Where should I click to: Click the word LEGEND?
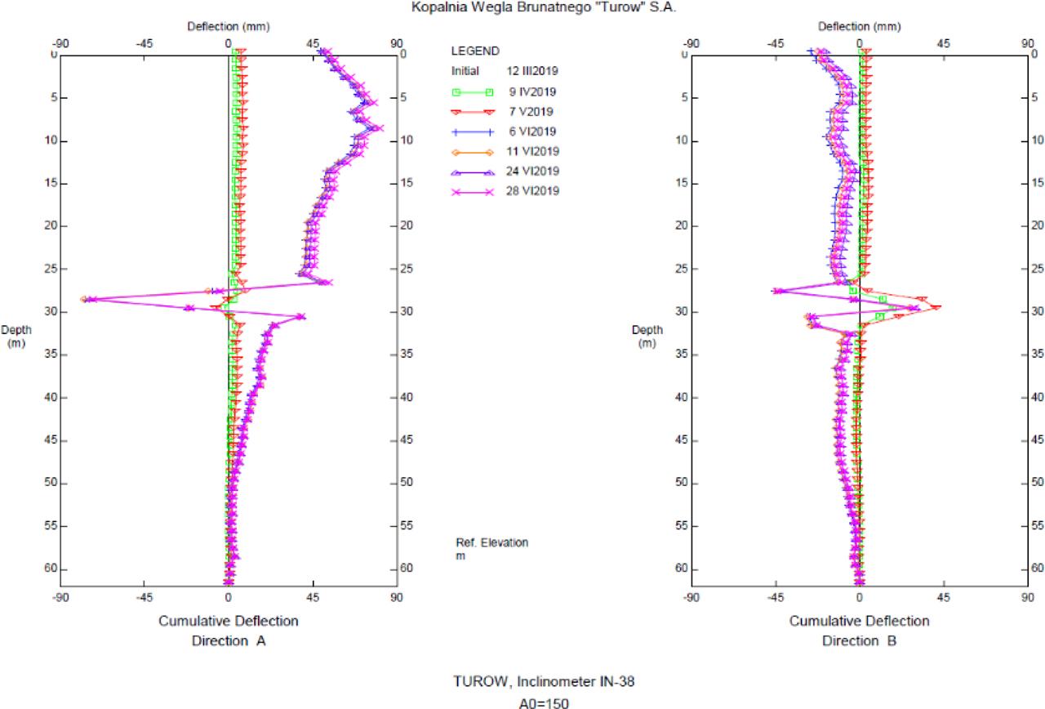coord(475,51)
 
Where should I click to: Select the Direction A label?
coord(229,641)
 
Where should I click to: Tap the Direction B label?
coord(859,641)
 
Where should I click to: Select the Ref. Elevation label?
coord(491,542)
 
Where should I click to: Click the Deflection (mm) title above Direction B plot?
coord(860,26)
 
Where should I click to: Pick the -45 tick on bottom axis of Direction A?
coord(144,597)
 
